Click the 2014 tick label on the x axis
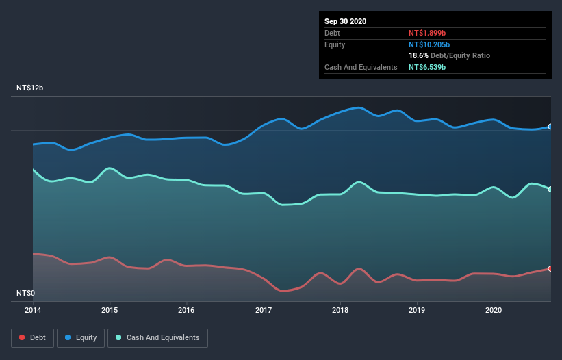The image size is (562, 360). tap(33, 310)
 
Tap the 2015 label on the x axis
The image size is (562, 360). tap(110, 310)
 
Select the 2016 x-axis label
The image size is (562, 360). tap(186, 310)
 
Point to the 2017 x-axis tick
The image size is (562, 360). tap(264, 310)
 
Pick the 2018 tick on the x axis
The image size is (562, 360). tap(340, 310)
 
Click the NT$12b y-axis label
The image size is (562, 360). tap(30, 88)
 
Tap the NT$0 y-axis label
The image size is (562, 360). tap(25, 293)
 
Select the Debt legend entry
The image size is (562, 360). tap(34, 337)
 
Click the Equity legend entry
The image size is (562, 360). tap(81, 337)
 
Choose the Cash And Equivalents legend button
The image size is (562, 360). tap(157, 337)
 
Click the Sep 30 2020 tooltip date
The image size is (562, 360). tap(345, 21)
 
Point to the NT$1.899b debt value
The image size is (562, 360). tap(428, 33)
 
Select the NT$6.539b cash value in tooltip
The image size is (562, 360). tap(428, 67)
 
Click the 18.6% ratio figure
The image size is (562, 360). tap(419, 55)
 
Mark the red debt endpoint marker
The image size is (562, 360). tap(550, 268)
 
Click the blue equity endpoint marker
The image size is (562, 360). tap(550, 127)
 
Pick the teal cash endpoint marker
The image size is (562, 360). tap(550, 190)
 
